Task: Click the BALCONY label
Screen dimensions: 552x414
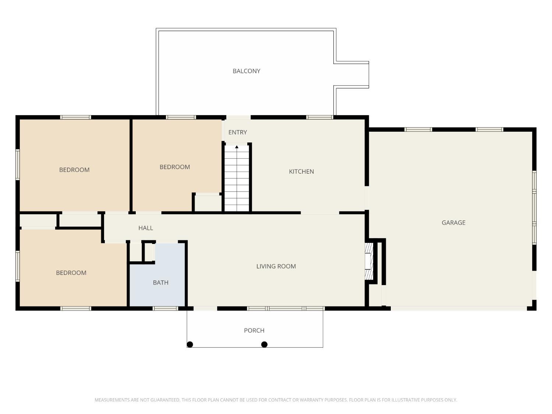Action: coord(246,71)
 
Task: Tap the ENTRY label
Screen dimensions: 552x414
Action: coord(237,132)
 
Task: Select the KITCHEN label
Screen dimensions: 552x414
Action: coord(301,171)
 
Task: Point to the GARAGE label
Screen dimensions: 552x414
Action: coord(453,223)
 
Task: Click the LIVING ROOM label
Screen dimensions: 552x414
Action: coord(276,266)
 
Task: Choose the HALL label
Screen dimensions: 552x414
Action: coord(146,228)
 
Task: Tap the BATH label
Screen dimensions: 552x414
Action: coord(160,283)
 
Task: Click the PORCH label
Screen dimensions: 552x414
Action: coord(254,330)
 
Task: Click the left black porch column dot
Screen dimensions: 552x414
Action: coord(190,344)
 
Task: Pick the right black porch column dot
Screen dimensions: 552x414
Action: coord(264,344)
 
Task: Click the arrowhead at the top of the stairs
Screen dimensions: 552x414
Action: coord(237,147)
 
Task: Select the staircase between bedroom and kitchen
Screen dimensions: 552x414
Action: coord(237,178)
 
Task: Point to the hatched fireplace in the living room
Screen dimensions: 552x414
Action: coord(369,261)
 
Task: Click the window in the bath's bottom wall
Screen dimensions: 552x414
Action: coord(165,308)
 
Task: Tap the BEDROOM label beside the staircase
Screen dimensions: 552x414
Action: coord(174,167)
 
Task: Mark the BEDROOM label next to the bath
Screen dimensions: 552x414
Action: coord(71,273)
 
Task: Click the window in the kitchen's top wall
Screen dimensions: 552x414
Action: coord(320,117)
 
